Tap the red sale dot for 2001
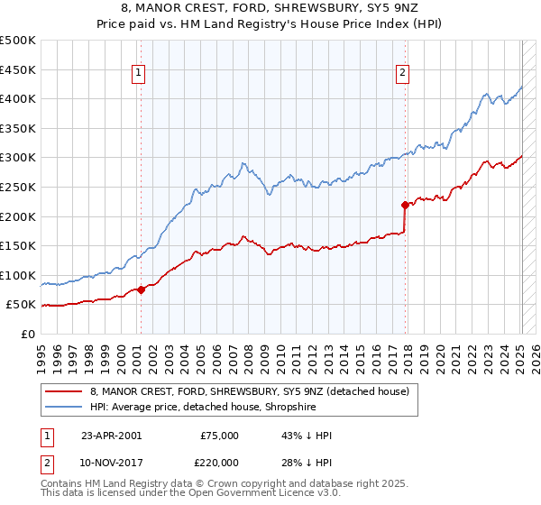tap(142, 289)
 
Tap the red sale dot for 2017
tap(405, 205)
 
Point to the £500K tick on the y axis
tap(18, 41)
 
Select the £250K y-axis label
tap(18, 187)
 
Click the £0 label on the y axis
tap(28, 334)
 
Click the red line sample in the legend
tap(62, 391)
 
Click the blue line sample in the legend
tap(62, 407)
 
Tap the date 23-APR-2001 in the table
tap(111, 436)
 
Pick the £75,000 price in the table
tap(219, 436)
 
